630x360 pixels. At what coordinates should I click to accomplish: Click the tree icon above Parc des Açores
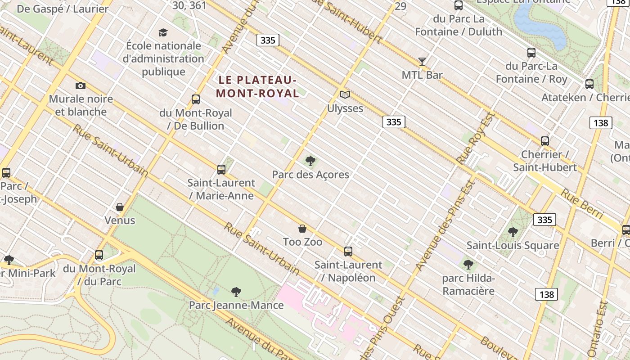(310, 161)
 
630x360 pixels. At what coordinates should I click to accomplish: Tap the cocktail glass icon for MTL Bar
(422, 61)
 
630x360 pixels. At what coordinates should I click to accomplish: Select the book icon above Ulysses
(345, 94)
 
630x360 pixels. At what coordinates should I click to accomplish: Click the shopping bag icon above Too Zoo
(302, 229)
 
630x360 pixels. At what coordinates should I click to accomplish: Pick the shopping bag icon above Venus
(120, 207)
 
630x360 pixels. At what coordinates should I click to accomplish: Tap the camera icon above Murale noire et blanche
(81, 85)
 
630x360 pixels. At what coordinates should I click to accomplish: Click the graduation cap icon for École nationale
(163, 32)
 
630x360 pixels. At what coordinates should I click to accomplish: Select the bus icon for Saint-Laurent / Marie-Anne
(221, 169)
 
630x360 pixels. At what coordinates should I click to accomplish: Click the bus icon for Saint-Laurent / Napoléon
(348, 251)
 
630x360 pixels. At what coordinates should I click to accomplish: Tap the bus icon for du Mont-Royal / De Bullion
(196, 99)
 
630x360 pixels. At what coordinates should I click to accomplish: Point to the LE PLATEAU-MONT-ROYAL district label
(257, 86)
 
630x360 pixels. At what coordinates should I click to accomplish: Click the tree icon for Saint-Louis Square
(513, 232)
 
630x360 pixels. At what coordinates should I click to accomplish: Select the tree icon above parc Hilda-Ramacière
(468, 265)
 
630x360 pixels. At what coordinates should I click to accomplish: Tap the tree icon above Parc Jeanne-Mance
(236, 292)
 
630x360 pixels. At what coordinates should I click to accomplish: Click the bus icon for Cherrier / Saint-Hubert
(545, 141)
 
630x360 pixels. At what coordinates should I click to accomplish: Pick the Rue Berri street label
(581, 204)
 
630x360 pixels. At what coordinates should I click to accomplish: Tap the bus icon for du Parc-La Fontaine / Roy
(531, 52)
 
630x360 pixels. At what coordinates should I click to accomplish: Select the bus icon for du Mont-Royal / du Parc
(99, 255)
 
